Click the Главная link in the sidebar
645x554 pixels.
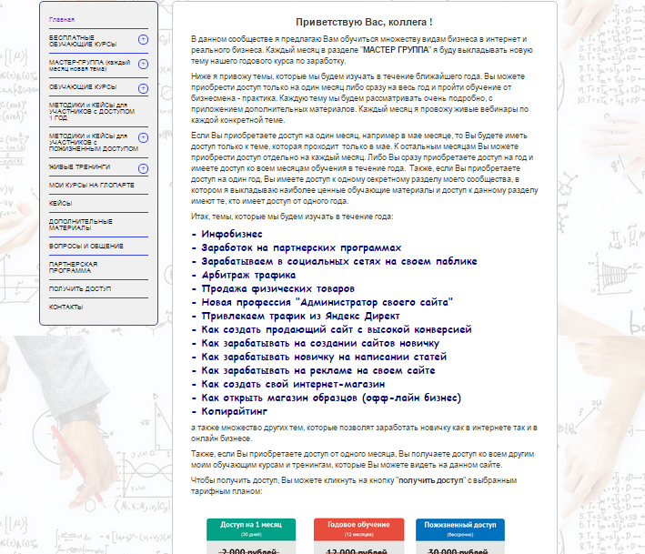pyautogui.click(x=62, y=19)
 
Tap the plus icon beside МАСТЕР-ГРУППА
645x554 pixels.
pyautogui.click(x=143, y=65)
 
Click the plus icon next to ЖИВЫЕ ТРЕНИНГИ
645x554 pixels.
pyautogui.click(x=143, y=168)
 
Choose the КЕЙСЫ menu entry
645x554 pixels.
pyautogui.click(x=61, y=203)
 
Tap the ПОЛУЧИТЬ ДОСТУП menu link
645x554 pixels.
pyautogui.click(x=80, y=288)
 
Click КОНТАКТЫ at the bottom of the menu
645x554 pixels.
pyautogui.click(x=66, y=307)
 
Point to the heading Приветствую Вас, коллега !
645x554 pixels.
pyautogui.click(x=364, y=21)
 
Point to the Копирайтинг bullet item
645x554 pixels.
pyautogui.click(x=242, y=411)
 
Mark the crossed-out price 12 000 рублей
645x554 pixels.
pyautogui.click(x=358, y=550)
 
